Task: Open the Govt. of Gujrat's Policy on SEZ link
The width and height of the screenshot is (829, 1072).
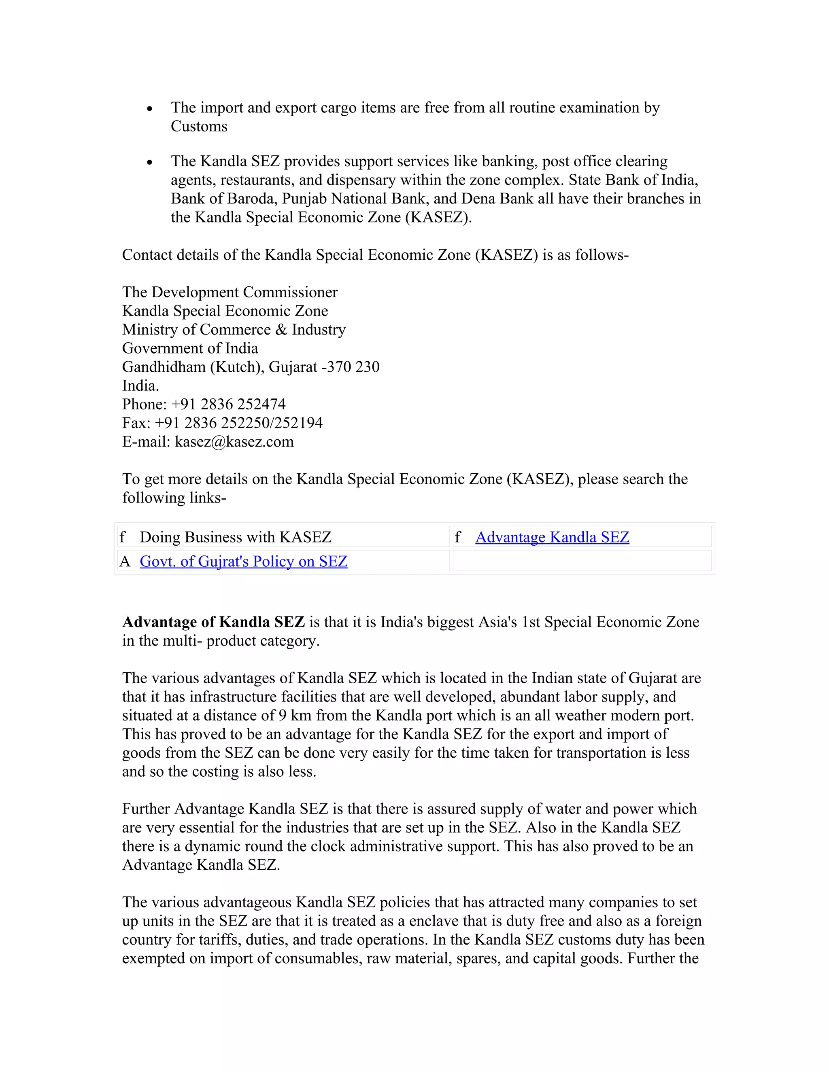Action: point(244,561)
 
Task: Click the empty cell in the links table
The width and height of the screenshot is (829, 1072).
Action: point(582,561)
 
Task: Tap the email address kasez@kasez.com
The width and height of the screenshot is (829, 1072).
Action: point(234,442)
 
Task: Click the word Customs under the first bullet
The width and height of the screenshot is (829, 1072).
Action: point(199,127)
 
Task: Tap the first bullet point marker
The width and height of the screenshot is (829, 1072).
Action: point(150,109)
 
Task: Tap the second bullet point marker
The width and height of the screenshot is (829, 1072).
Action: point(150,163)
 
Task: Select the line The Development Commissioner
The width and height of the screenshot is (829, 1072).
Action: point(230,292)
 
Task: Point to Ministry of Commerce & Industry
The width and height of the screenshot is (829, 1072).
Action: point(234,330)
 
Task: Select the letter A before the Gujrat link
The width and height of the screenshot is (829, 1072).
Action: point(125,561)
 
